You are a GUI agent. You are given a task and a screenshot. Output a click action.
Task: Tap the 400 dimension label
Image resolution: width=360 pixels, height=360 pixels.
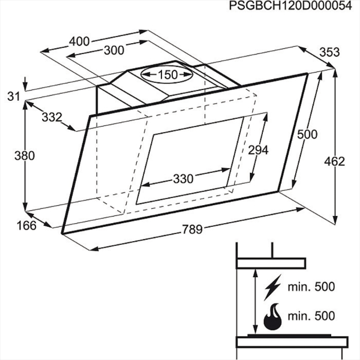point(79,41)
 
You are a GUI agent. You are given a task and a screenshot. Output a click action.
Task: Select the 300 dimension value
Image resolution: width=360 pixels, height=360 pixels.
point(114,50)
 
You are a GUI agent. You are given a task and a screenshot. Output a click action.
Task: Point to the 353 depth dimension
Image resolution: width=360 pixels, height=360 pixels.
point(329,52)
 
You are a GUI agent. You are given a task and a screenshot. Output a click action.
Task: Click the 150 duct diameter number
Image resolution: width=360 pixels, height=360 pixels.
point(168,75)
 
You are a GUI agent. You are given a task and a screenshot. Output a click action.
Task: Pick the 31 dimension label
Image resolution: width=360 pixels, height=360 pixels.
point(13,97)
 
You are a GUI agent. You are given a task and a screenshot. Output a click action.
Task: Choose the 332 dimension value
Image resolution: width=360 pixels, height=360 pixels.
point(52,117)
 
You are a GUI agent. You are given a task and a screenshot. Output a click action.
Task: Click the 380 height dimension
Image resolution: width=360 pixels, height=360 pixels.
point(25,156)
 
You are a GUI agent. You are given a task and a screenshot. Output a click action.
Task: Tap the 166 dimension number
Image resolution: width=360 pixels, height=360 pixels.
point(26,226)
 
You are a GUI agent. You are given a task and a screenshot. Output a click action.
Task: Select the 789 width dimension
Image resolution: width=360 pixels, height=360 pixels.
point(192,229)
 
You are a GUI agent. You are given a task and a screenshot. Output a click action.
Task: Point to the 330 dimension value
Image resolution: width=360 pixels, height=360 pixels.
point(183,178)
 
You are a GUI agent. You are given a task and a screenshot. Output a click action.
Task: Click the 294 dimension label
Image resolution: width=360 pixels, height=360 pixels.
point(258,150)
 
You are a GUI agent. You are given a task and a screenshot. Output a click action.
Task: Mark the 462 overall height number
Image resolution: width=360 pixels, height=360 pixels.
point(334,161)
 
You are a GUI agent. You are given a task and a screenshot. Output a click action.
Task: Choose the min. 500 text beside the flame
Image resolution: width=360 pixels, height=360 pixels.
point(311,321)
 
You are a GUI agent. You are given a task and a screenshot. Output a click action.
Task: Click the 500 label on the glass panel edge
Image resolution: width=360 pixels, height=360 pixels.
point(307,134)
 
